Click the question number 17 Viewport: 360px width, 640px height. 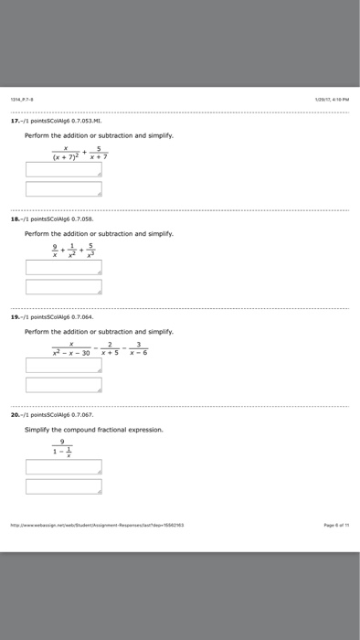(x=28, y=120)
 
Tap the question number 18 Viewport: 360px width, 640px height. (x=28, y=219)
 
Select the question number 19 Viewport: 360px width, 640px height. (x=28, y=317)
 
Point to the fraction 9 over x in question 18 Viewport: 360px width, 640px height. (x=56, y=250)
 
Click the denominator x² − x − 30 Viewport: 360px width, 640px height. (x=71, y=352)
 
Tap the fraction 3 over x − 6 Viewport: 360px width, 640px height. (x=139, y=347)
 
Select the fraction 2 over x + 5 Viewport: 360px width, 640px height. (x=110, y=347)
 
